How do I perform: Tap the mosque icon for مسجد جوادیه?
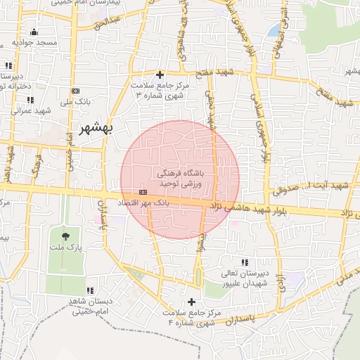(34, 32)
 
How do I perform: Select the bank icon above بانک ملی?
(75, 91)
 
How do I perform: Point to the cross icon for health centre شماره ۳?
(160, 74)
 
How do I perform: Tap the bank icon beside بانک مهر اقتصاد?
(143, 192)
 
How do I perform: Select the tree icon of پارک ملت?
(65, 236)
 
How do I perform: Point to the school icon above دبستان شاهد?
(90, 290)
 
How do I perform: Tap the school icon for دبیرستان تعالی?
(244, 263)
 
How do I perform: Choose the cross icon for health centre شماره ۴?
(191, 302)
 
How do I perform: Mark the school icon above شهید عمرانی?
(30, 100)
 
